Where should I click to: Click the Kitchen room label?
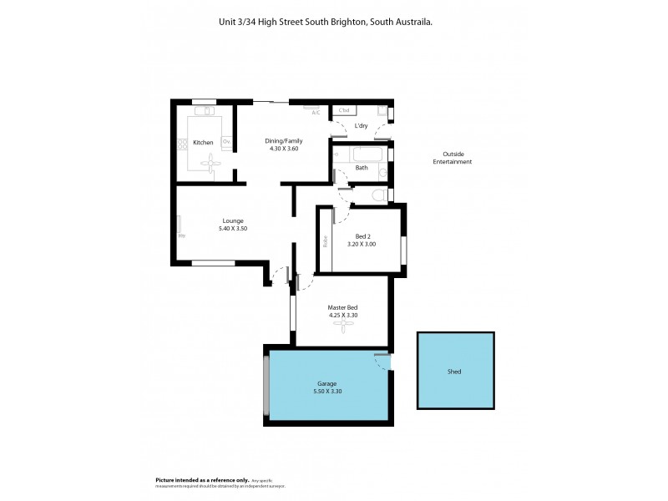click(x=203, y=143)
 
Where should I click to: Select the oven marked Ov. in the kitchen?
click(x=225, y=142)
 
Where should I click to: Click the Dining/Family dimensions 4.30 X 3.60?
click(x=284, y=149)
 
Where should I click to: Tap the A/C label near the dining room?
click(x=316, y=113)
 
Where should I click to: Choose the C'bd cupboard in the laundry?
click(x=344, y=109)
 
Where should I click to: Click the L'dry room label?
click(x=362, y=126)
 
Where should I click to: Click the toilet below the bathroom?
click(x=379, y=195)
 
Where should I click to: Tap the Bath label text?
click(x=362, y=168)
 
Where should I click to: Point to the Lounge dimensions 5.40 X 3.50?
click(x=233, y=228)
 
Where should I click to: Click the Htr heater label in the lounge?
click(x=180, y=235)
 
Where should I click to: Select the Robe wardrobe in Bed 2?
click(x=325, y=242)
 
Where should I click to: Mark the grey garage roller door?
click(x=266, y=386)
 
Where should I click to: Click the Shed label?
click(x=454, y=372)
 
